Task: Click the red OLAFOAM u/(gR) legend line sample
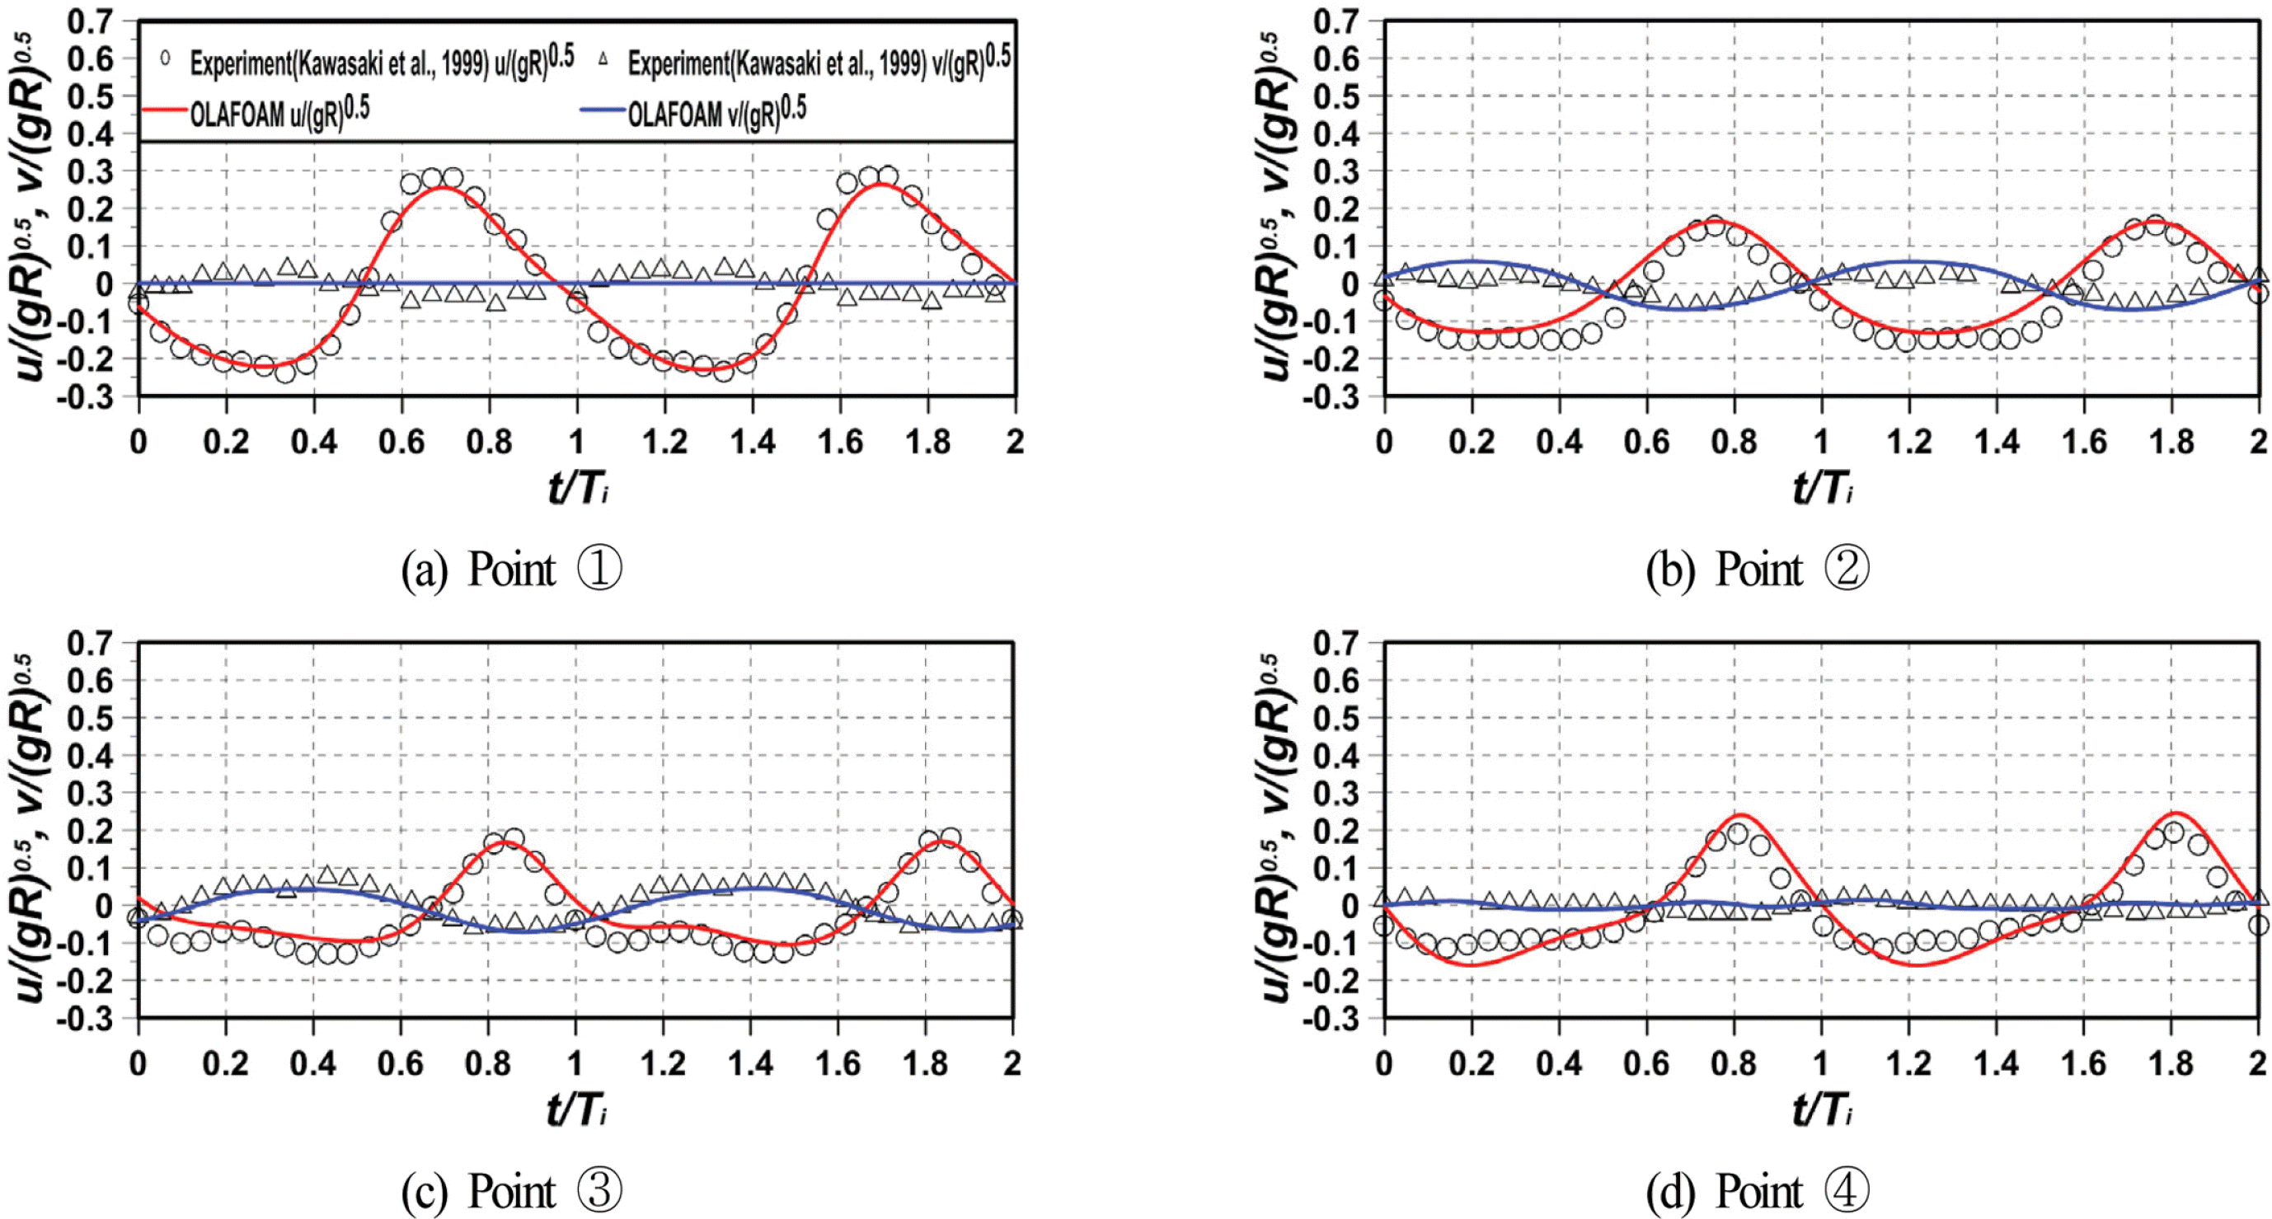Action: click(165, 113)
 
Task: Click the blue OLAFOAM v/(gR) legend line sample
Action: click(603, 111)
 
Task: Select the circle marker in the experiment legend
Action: click(165, 60)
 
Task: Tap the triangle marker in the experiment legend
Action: click(603, 60)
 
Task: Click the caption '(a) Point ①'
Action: click(512, 569)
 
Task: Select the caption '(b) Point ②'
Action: click(1757, 569)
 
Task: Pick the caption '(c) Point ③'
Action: click(512, 1192)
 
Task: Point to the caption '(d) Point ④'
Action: click(1757, 1192)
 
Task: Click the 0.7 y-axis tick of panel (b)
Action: click(1336, 21)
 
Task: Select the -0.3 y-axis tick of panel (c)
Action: click(86, 1019)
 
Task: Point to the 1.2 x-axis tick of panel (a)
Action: click(664, 441)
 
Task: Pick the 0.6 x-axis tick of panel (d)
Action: click(1645, 1063)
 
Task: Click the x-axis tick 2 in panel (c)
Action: click(1012, 1063)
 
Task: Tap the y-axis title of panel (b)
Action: click(1276, 207)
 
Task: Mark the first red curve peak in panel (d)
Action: click(1735, 814)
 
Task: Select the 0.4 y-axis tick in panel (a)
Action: click(91, 134)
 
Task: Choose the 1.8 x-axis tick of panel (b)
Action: click(2171, 441)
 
